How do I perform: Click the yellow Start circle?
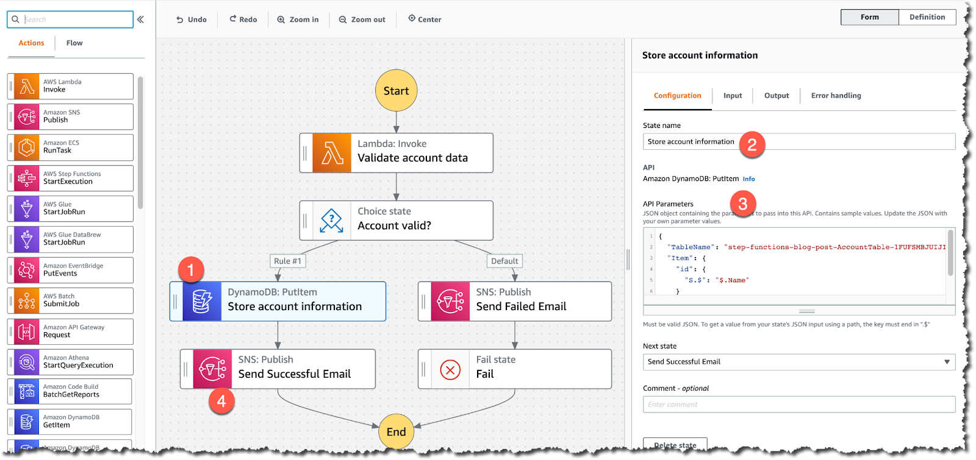click(x=396, y=91)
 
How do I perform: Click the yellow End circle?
click(x=396, y=431)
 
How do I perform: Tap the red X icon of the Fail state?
click(x=450, y=369)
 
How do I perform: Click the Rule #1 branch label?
click(x=287, y=261)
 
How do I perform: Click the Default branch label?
click(x=504, y=261)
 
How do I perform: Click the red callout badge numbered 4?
click(x=221, y=401)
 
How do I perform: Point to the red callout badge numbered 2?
click(x=752, y=144)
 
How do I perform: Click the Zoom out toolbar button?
click(x=362, y=19)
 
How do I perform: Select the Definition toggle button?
click(x=927, y=17)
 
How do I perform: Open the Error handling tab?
click(x=836, y=96)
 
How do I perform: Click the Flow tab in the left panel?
click(x=74, y=43)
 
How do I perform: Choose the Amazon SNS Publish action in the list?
click(x=71, y=116)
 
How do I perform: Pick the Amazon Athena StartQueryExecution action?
click(x=71, y=362)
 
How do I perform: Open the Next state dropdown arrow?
click(x=947, y=362)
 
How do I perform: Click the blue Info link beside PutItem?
click(x=748, y=179)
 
